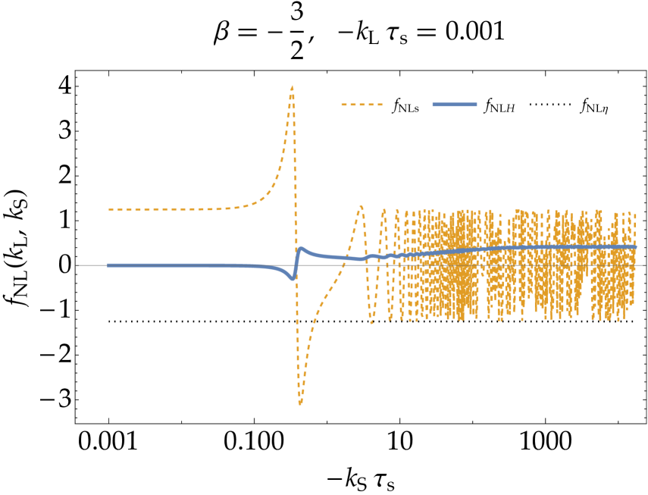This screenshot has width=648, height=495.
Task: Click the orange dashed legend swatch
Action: [362, 105]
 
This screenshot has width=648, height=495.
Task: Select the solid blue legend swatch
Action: [454, 105]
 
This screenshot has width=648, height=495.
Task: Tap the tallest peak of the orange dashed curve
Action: [293, 86]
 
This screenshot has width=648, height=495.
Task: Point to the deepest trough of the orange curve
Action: [300, 403]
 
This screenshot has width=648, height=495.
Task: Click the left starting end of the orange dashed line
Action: [109, 209]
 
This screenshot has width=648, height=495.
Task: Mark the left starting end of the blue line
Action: [108, 265]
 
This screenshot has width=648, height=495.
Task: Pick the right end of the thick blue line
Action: [635, 247]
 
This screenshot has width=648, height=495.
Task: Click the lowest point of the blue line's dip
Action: [293, 278]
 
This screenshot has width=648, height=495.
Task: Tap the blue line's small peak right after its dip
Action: [301, 248]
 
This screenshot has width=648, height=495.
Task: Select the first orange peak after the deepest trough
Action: [361, 205]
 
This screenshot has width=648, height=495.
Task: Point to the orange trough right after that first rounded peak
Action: [371, 322]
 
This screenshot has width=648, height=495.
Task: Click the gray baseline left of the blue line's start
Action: [91, 265]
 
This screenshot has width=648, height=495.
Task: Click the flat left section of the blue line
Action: [174, 265]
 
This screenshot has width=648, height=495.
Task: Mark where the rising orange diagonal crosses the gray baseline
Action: [343, 265]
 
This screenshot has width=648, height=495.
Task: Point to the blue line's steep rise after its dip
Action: [296, 262]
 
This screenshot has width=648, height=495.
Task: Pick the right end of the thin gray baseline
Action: [645, 265]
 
